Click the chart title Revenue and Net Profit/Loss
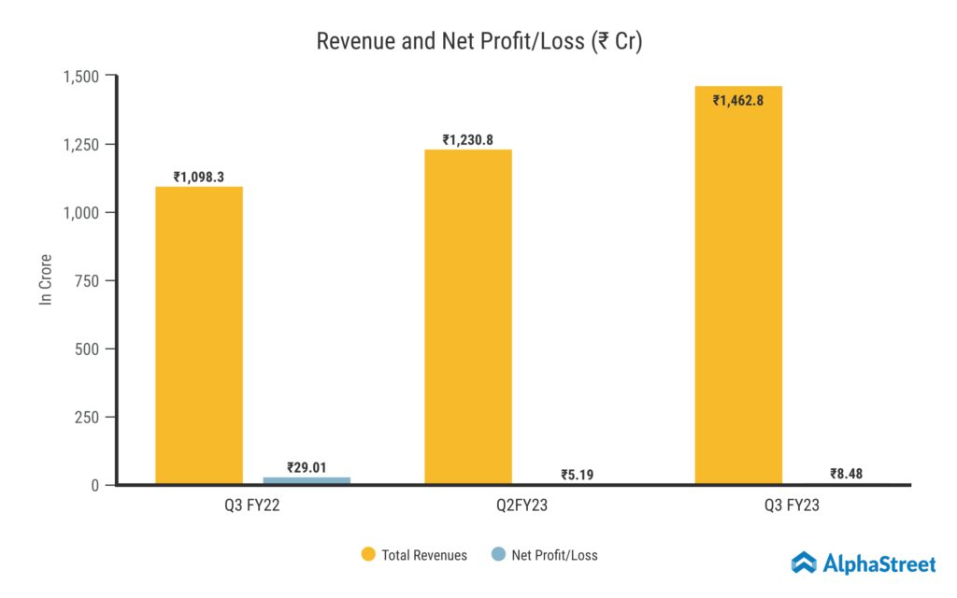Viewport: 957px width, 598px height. [x=478, y=42]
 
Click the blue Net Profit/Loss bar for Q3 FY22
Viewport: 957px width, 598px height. [x=307, y=480]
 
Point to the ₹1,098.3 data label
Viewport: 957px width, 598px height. [x=199, y=177]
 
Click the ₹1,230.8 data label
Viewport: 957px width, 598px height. [x=468, y=140]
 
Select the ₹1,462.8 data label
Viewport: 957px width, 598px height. [x=738, y=100]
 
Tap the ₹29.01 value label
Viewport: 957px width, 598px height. [x=307, y=466]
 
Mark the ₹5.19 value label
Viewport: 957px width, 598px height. [x=577, y=475]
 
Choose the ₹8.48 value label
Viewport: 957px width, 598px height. [x=846, y=474]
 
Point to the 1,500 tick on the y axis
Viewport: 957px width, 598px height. [x=80, y=76]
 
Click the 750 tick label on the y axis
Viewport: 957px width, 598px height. [x=88, y=281]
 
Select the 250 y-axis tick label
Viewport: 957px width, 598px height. [x=88, y=418]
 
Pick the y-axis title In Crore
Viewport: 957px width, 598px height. [x=45, y=278]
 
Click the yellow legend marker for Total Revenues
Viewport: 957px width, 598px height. [x=368, y=555]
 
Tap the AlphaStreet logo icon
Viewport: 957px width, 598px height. [x=804, y=562]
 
